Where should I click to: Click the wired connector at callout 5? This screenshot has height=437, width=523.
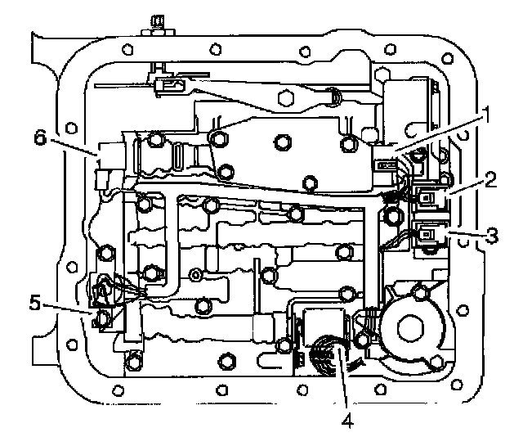point(105,291)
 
